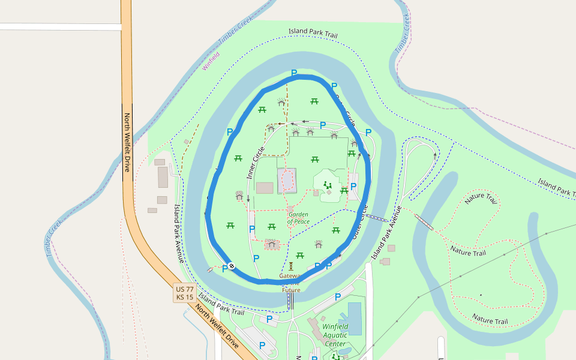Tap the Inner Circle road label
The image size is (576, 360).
(x=256, y=163)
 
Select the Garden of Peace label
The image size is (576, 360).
(x=298, y=218)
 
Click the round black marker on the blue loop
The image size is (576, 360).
(x=232, y=266)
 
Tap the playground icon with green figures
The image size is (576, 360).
(x=327, y=185)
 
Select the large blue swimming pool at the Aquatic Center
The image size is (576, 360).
(x=355, y=318)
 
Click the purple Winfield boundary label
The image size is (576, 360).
(x=211, y=62)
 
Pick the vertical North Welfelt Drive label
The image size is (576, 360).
(x=127, y=143)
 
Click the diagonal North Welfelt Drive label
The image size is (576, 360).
(x=217, y=327)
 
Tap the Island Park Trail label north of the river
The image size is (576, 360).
(x=313, y=33)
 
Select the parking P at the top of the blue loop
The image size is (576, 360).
(x=294, y=73)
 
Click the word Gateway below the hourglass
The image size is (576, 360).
(x=289, y=276)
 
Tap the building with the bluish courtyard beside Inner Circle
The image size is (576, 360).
(x=287, y=181)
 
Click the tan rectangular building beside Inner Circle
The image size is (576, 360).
(x=265, y=188)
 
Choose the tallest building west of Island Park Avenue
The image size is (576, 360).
(x=163, y=178)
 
